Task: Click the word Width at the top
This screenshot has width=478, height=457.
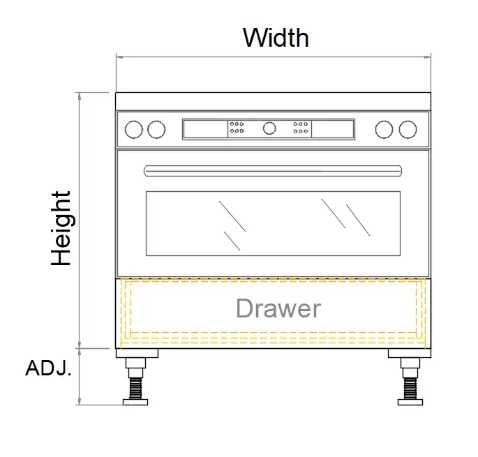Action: click(x=276, y=37)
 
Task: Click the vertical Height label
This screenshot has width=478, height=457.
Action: click(x=61, y=228)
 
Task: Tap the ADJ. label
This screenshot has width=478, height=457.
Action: click(x=48, y=369)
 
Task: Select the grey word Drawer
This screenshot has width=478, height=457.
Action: click(x=278, y=308)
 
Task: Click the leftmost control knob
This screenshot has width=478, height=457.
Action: click(x=133, y=129)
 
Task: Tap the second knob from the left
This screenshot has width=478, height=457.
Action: click(x=156, y=129)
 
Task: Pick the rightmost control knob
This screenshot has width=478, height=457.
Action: click(x=408, y=129)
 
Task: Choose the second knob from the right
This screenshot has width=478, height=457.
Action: click(x=384, y=129)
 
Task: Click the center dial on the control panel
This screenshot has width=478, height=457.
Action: click(x=269, y=128)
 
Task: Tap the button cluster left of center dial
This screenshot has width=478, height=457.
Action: click(x=237, y=128)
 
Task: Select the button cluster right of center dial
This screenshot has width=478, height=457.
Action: click(x=301, y=128)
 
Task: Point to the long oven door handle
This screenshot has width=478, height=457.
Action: click(x=273, y=170)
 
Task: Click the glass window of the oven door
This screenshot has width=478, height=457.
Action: click(x=273, y=223)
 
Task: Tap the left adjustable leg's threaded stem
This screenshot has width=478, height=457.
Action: click(x=136, y=384)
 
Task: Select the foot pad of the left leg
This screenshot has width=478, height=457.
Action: click(x=136, y=401)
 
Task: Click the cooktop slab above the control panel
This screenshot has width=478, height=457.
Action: click(x=273, y=101)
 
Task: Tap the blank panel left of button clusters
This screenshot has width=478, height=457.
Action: click(x=204, y=128)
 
